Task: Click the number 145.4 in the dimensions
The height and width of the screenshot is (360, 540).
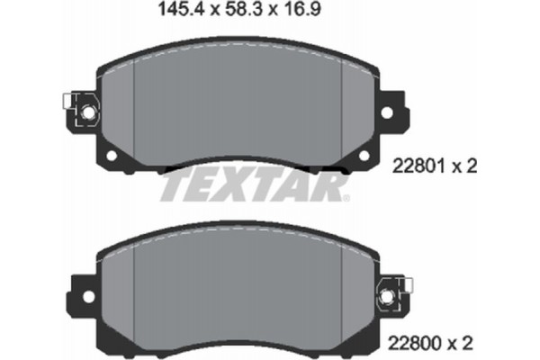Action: (176, 12)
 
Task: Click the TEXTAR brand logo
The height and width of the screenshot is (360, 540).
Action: (254, 186)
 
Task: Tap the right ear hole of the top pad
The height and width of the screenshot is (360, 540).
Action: (390, 112)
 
